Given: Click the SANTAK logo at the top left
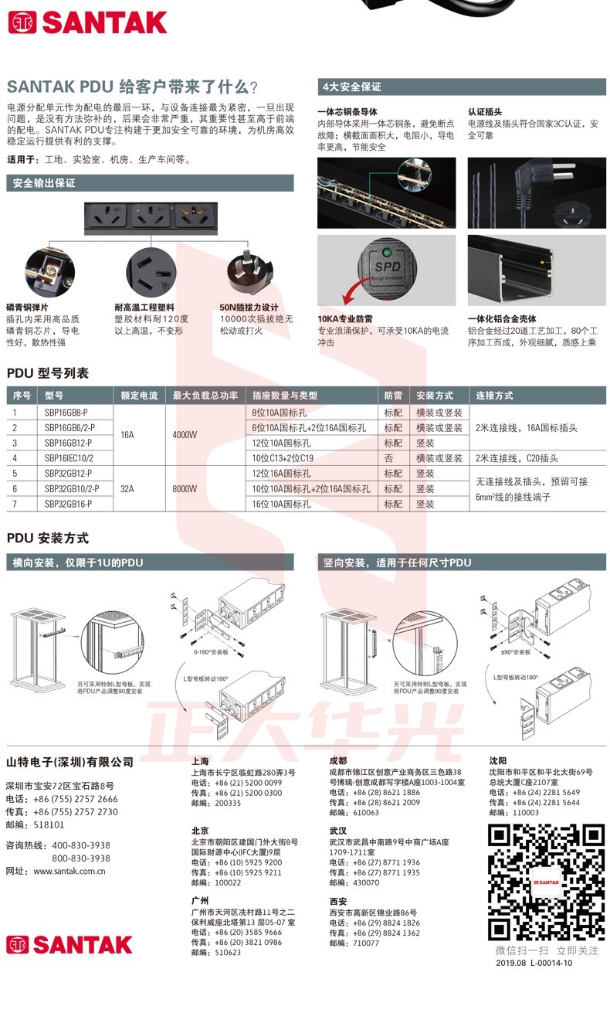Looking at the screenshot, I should pyautogui.click(x=86, y=22).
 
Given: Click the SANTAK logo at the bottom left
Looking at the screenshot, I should pyautogui.click(x=69, y=944).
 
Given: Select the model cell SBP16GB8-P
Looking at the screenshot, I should pyautogui.click(x=66, y=413).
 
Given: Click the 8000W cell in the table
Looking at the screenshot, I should pyautogui.click(x=185, y=488).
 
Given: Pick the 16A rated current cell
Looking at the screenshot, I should pyautogui.click(x=127, y=435).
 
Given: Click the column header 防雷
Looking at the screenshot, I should pyautogui.click(x=393, y=396).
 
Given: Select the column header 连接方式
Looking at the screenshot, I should pyautogui.click(x=495, y=396).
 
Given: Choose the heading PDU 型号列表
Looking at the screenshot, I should pyautogui.click(x=48, y=373).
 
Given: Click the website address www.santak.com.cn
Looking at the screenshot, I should pyautogui.click(x=69, y=871).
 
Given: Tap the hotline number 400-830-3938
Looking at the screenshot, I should pyautogui.click(x=81, y=845).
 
